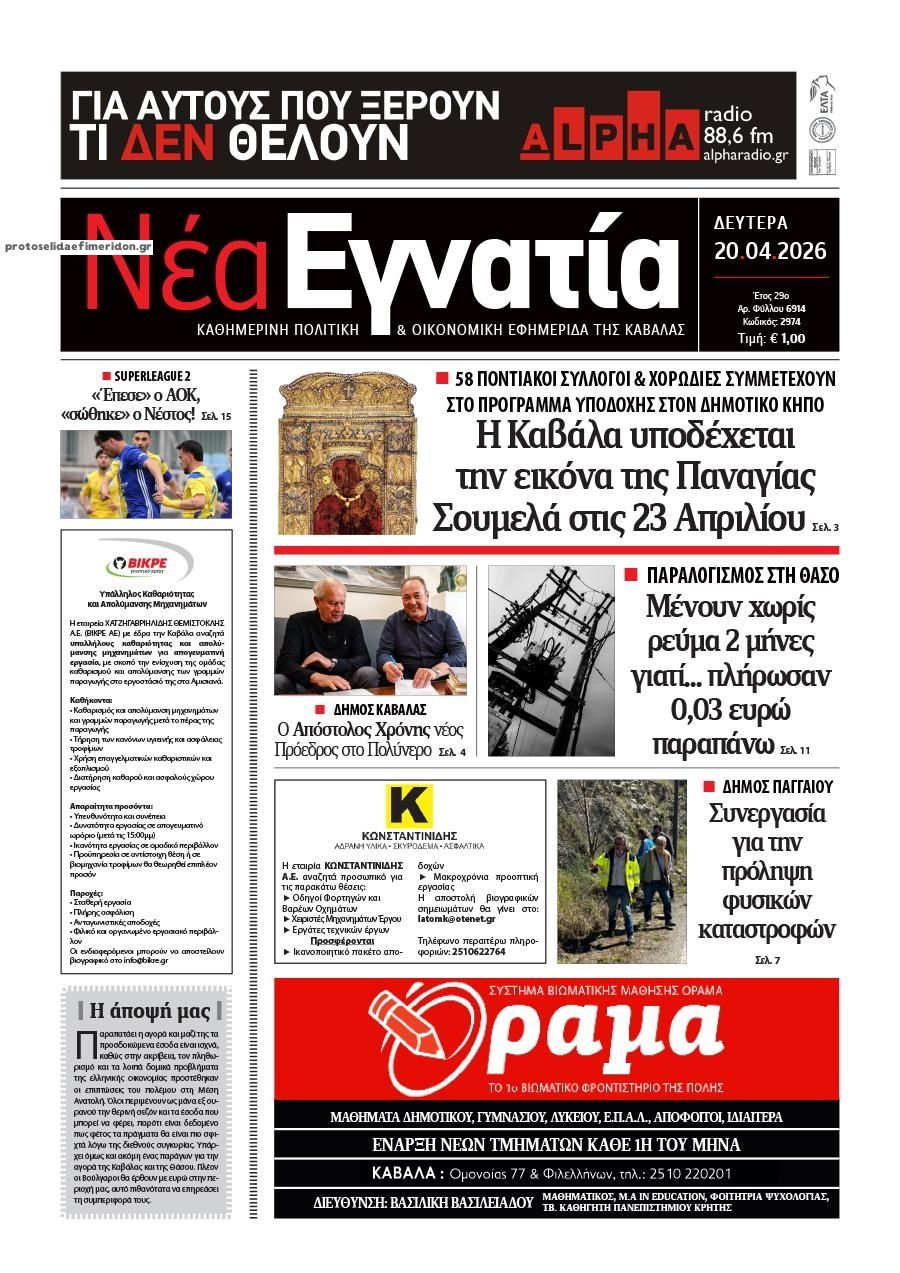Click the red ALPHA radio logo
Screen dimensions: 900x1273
pos(608,127)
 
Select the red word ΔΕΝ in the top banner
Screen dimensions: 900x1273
pos(168,141)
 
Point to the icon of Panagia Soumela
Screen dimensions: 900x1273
pos(346,454)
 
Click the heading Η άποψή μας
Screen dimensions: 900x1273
pos(150,1010)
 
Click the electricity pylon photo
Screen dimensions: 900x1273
pos(551,660)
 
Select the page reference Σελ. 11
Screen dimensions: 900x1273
pos(796,749)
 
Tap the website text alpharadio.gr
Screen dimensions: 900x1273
pos(746,155)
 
